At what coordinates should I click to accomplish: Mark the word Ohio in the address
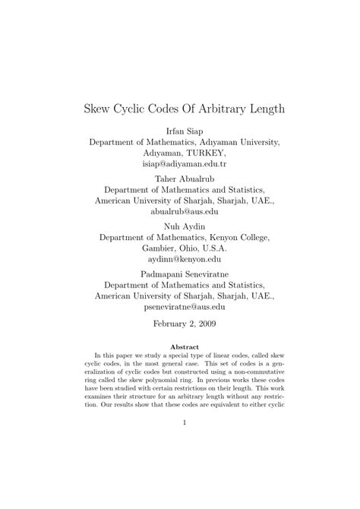199,249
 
